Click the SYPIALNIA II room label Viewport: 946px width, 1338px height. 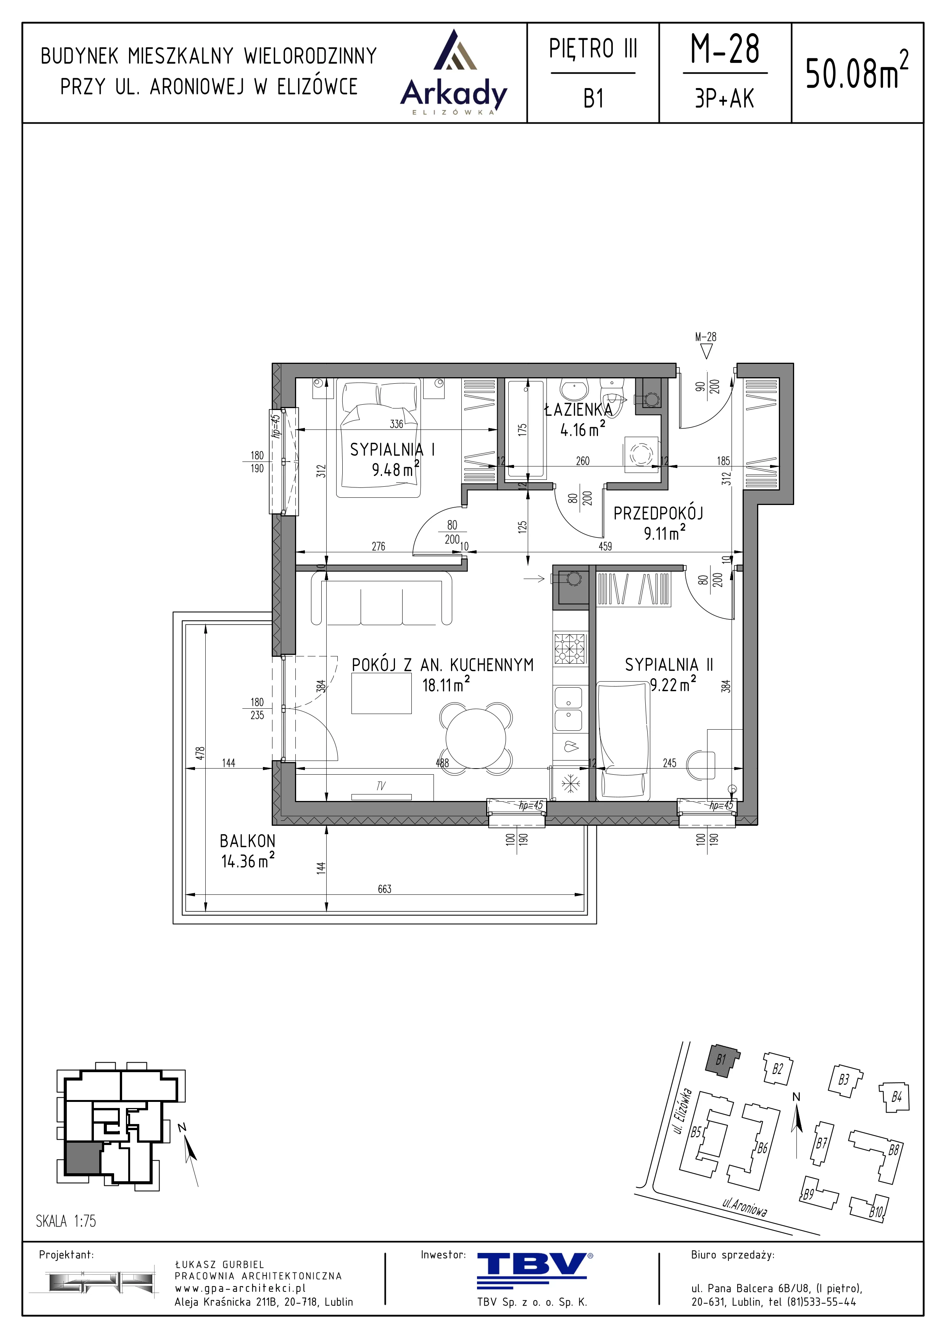669,665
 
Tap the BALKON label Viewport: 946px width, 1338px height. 247,841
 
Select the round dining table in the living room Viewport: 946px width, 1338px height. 476,739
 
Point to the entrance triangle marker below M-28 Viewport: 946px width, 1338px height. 706,351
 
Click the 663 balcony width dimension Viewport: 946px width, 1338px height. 385,889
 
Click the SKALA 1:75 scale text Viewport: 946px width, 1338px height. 66,1221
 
